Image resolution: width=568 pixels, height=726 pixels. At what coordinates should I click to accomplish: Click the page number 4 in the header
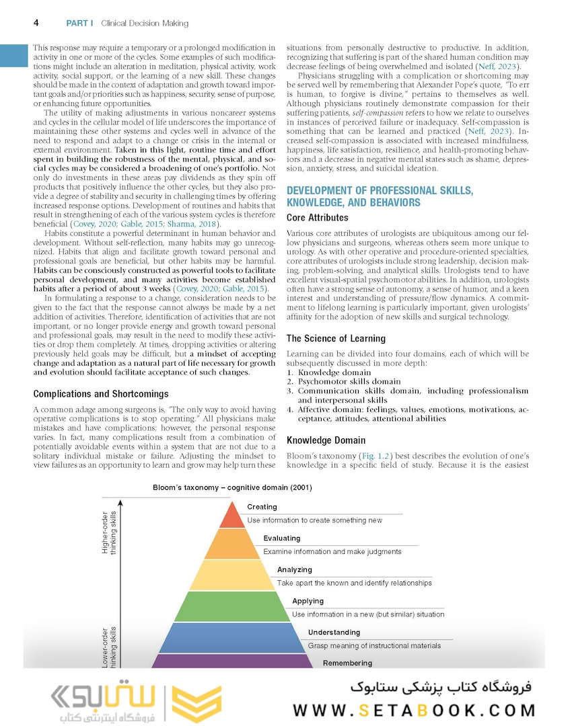click(x=35, y=23)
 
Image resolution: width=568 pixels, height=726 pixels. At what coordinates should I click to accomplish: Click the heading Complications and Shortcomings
click(x=101, y=394)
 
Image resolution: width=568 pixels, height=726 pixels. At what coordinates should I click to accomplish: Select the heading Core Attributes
click(x=317, y=218)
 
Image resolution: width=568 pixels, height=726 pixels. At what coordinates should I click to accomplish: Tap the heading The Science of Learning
click(x=336, y=339)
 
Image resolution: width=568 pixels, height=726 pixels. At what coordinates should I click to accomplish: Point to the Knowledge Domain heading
click(x=327, y=440)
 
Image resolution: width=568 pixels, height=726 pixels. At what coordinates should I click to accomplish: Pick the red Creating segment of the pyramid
click(x=232, y=516)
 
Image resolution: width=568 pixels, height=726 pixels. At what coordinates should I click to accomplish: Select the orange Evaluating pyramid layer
click(x=231, y=544)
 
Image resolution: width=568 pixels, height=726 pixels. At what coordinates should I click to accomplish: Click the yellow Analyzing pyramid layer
click(x=231, y=576)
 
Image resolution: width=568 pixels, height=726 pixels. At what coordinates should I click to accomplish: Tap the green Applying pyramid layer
click(x=231, y=606)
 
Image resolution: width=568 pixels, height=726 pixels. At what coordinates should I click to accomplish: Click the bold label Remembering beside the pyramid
click(x=347, y=663)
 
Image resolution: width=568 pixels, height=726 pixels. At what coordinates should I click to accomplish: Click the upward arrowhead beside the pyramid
click(x=122, y=501)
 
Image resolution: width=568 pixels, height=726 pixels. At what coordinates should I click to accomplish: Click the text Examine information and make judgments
click(x=332, y=552)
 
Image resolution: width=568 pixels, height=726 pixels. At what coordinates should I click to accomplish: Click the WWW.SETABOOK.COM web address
click(x=414, y=711)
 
